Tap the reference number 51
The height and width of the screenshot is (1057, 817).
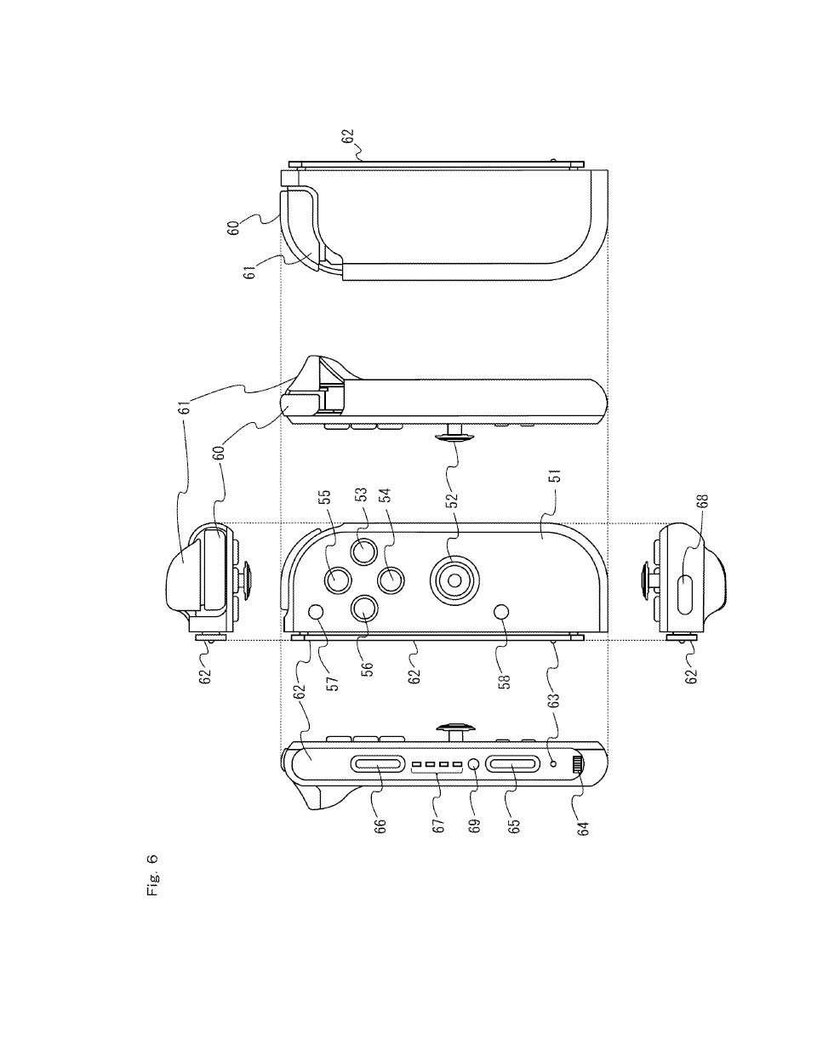[557, 475]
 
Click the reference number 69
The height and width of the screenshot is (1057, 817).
[474, 826]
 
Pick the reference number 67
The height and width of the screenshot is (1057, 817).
[438, 826]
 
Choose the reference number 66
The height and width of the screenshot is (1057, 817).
[380, 826]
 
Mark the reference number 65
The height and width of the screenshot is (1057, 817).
[513, 826]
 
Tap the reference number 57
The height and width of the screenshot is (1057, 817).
[333, 683]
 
